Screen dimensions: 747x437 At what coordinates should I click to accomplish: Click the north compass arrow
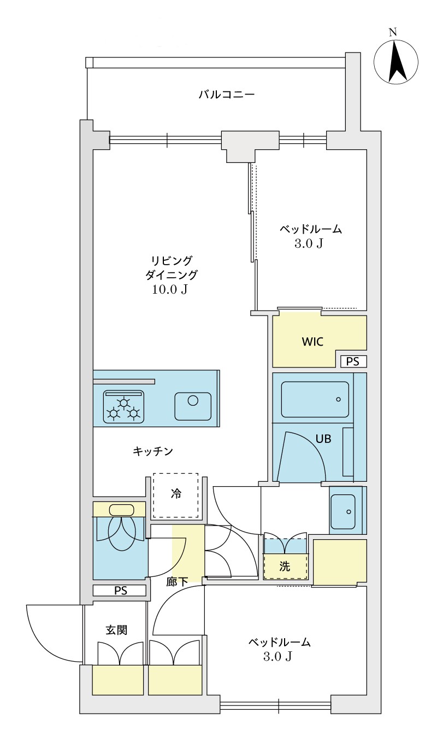tap(397, 62)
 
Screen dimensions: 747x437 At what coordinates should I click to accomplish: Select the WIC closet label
tap(312, 342)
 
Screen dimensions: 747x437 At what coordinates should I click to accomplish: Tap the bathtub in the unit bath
tap(315, 400)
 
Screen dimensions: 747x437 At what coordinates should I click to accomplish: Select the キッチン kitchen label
tap(153, 451)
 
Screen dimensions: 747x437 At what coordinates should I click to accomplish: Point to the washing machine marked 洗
tap(285, 567)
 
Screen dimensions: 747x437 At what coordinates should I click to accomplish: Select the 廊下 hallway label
tap(177, 582)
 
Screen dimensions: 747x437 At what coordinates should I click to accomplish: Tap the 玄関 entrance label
tap(116, 630)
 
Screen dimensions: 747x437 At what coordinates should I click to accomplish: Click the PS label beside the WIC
tap(353, 361)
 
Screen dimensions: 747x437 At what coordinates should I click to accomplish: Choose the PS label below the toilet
tap(120, 591)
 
